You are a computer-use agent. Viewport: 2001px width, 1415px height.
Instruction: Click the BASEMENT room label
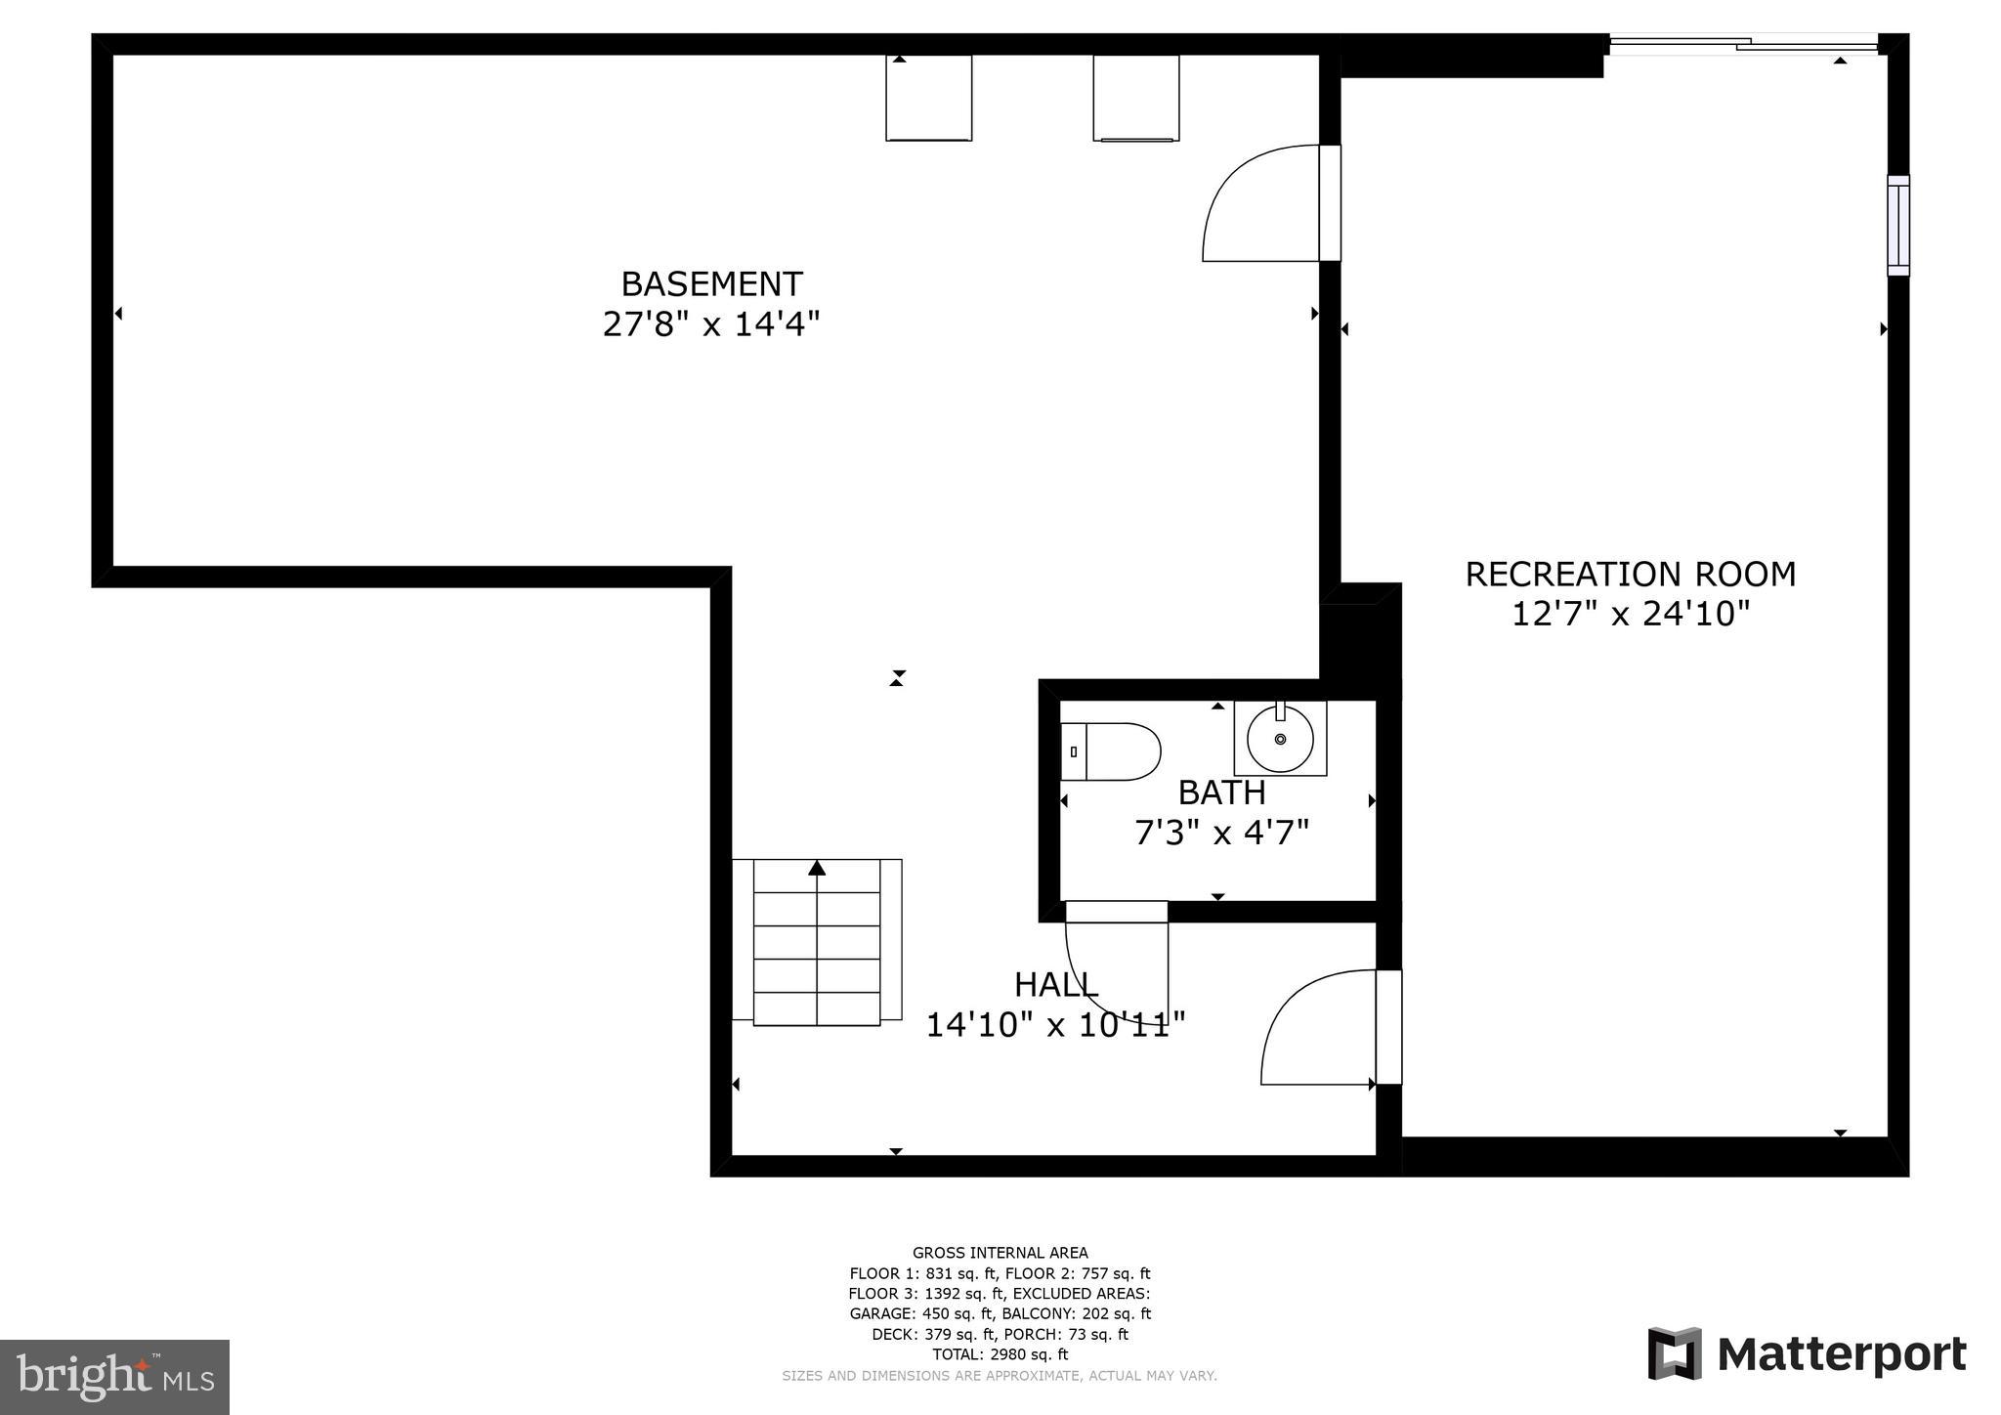[x=711, y=283]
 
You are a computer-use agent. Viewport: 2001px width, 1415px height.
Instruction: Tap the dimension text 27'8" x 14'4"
[x=710, y=323]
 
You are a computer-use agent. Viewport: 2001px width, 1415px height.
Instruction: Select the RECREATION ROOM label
[x=1630, y=574]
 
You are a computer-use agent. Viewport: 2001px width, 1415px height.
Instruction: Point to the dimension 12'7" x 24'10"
[x=1630, y=614]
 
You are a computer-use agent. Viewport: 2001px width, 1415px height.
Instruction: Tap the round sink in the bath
[x=1280, y=739]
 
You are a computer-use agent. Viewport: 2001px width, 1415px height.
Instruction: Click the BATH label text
[x=1221, y=792]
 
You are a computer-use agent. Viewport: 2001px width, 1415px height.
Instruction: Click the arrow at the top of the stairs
[x=817, y=868]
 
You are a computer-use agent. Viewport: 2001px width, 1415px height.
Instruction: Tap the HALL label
[x=1055, y=984]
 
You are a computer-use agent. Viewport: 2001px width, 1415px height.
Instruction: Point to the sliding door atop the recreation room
[x=1743, y=43]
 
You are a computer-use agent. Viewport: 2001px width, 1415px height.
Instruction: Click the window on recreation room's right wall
[x=1897, y=226]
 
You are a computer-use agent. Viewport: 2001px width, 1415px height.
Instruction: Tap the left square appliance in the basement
[x=928, y=98]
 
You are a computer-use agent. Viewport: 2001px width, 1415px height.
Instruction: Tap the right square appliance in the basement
[x=1135, y=98]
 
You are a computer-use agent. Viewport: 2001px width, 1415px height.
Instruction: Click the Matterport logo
[x=1807, y=1354]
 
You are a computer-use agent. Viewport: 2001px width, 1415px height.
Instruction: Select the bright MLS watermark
[x=114, y=1377]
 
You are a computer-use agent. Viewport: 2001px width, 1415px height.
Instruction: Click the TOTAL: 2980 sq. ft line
[x=1000, y=1354]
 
